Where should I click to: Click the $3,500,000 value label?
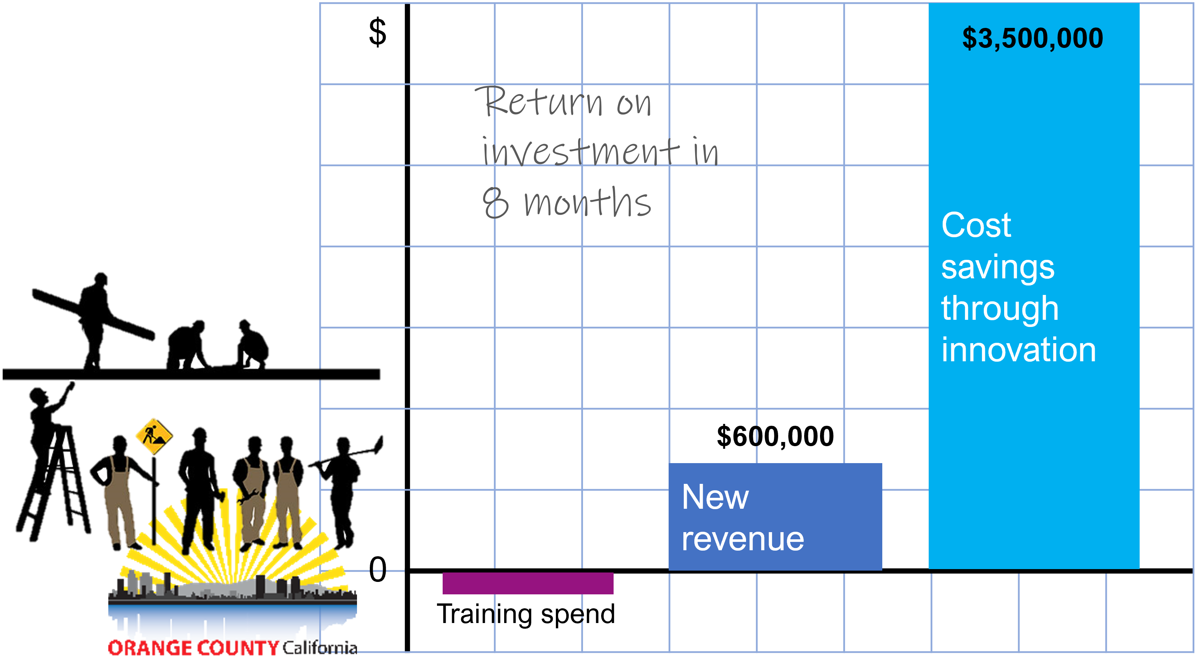pos(1032,38)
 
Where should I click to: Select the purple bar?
pos(528,583)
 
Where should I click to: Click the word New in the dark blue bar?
pos(715,497)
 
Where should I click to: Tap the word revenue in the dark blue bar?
pos(743,540)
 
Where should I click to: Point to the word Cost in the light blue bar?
pos(976,225)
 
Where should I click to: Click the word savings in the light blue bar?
pos(998,267)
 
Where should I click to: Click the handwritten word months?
pos(588,203)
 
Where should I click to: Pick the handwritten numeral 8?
pos(495,203)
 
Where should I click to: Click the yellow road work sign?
pos(154,436)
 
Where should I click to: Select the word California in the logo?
pos(321,647)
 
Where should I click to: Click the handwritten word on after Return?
pos(634,103)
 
